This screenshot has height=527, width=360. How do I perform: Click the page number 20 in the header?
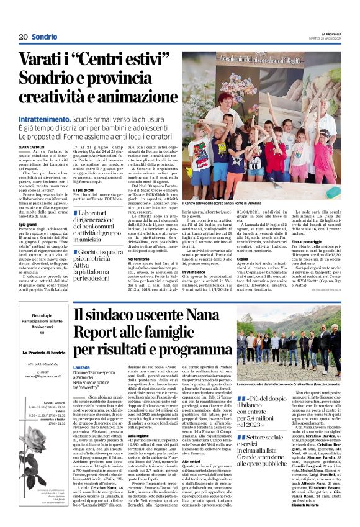[x=23, y=37]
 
